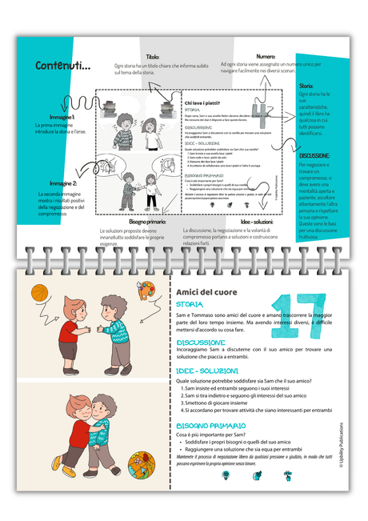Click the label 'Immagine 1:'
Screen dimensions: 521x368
[x=50, y=117]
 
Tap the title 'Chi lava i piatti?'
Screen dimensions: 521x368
[x=204, y=102]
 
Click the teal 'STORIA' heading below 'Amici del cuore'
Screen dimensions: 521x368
[x=190, y=305]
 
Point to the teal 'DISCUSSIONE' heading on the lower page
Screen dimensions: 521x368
[x=200, y=343]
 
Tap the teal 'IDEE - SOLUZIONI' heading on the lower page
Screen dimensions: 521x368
[x=207, y=371]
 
